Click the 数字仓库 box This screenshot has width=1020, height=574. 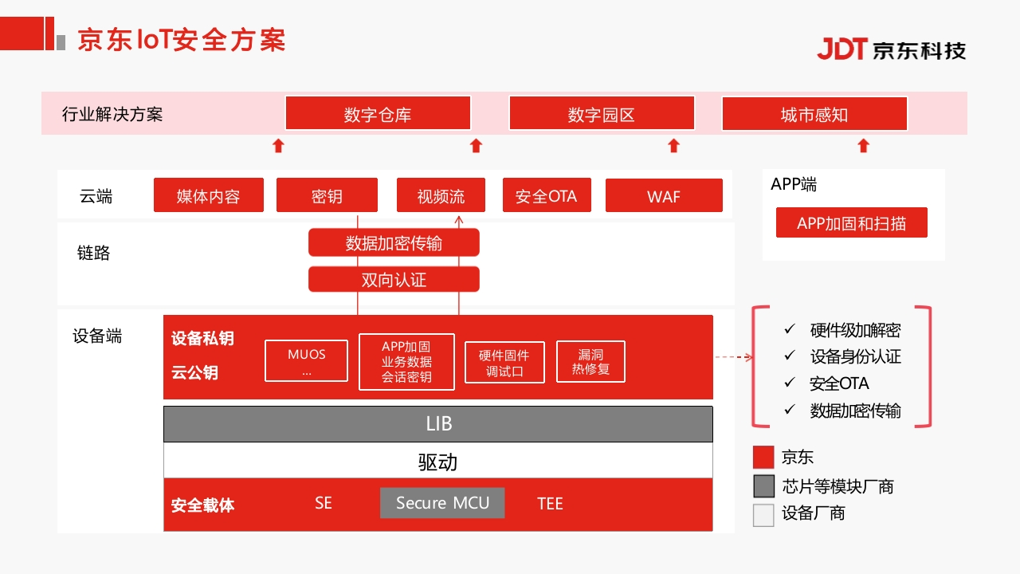[378, 113]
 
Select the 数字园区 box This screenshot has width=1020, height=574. [602, 113]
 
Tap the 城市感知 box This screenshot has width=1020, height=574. [814, 113]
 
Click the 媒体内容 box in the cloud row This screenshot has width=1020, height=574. [209, 195]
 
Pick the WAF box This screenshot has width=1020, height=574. [664, 195]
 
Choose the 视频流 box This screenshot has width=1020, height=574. [441, 195]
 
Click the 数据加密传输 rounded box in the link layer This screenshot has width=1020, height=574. [394, 242]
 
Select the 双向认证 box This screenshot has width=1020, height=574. [394, 279]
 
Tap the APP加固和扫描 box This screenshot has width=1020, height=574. [852, 222]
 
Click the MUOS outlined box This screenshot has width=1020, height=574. [307, 361]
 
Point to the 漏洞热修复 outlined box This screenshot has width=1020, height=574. [590, 361]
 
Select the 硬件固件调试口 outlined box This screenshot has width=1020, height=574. [504, 362]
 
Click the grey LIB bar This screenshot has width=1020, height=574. [438, 424]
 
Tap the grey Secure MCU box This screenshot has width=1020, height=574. [442, 503]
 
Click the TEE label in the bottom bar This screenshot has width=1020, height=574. [550, 503]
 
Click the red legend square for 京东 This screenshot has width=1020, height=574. [763, 458]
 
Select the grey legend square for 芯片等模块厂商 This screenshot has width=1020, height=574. [763, 486]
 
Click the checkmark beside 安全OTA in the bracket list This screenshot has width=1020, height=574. [790, 382]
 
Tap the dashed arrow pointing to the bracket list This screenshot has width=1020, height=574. [734, 357]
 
